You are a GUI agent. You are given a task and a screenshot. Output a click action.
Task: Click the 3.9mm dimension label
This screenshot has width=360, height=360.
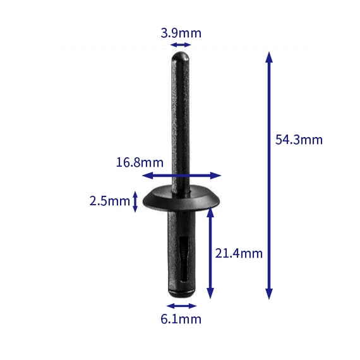click(181, 32)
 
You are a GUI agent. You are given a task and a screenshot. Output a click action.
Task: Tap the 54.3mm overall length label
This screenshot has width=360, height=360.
click(299, 140)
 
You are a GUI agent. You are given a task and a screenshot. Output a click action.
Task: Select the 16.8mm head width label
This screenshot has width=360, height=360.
click(135, 162)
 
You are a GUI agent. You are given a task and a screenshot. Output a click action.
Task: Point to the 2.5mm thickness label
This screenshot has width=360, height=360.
click(109, 201)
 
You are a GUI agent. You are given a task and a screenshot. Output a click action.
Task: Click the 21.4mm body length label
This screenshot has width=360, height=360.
click(239, 253)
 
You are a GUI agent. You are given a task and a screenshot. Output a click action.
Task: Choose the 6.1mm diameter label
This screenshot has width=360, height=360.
click(181, 319)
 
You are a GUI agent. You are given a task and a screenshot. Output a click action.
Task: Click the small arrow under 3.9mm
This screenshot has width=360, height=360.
click(181, 44)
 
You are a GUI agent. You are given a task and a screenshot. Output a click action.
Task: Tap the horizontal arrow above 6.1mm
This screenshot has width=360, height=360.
click(181, 306)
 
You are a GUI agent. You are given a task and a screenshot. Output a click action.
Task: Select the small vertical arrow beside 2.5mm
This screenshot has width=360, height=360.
click(135, 201)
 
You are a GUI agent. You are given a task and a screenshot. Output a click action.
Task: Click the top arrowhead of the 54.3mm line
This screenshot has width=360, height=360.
click(269, 56)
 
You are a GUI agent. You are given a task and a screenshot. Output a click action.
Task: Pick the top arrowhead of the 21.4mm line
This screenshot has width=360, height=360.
click(210, 213)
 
